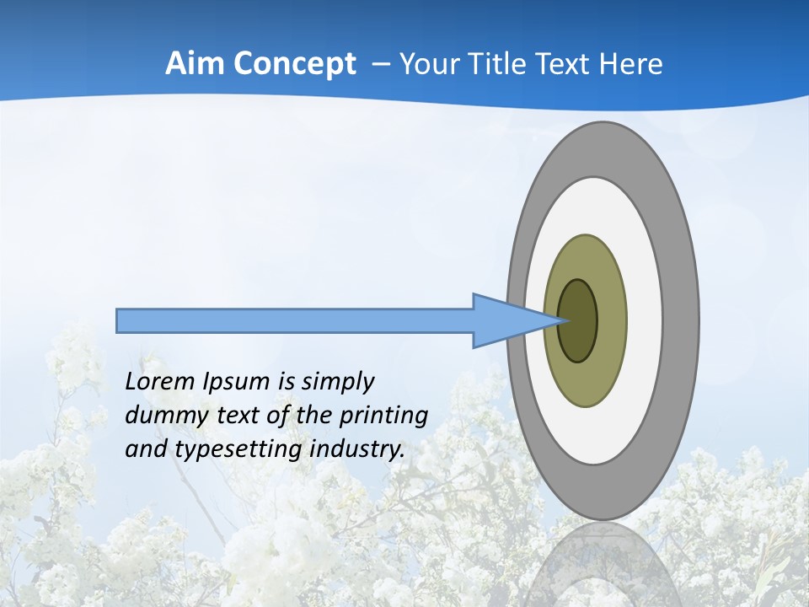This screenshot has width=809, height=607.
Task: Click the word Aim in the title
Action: click(x=195, y=64)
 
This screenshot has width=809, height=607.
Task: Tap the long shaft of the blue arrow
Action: click(x=295, y=320)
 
